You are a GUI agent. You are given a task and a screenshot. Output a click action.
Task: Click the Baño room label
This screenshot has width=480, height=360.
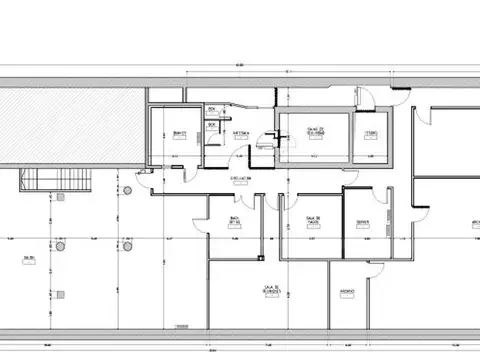[179, 132]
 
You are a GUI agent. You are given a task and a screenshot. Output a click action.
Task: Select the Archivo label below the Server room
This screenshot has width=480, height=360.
[347, 292]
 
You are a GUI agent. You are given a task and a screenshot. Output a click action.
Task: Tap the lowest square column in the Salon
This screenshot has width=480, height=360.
[61, 294]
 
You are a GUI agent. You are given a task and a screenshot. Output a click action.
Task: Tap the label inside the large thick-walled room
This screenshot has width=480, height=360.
[314, 132]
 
